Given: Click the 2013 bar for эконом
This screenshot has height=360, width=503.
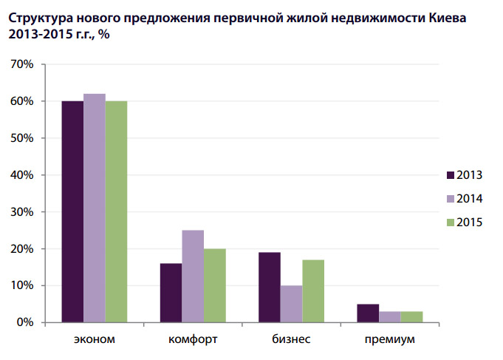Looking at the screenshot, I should (72, 211).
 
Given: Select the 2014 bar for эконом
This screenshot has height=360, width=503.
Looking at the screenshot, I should (95, 208).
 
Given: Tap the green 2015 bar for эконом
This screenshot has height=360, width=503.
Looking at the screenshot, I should (116, 211).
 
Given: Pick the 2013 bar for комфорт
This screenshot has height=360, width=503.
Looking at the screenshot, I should (171, 293).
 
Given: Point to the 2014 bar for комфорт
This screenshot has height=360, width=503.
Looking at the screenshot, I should (193, 276).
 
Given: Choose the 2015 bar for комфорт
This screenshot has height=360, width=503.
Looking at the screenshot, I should (214, 285).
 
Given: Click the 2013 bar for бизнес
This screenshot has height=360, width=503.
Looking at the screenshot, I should (270, 288).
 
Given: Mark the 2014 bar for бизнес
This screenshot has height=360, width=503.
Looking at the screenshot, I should (291, 304).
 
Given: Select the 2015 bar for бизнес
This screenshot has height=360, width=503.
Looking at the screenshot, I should (313, 291).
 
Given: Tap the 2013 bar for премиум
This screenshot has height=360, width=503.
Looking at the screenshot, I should (368, 313).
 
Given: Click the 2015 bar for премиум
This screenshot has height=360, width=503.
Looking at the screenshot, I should (411, 317).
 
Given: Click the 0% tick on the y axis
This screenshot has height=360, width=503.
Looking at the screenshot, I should (25, 323).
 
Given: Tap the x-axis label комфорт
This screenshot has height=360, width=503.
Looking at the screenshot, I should (193, 340).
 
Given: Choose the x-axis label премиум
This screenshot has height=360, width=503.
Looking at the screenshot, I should (389, 340).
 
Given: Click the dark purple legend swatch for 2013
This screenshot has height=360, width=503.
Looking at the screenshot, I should (450, 175).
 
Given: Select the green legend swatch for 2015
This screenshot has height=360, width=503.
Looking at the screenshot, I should (450, 223).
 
